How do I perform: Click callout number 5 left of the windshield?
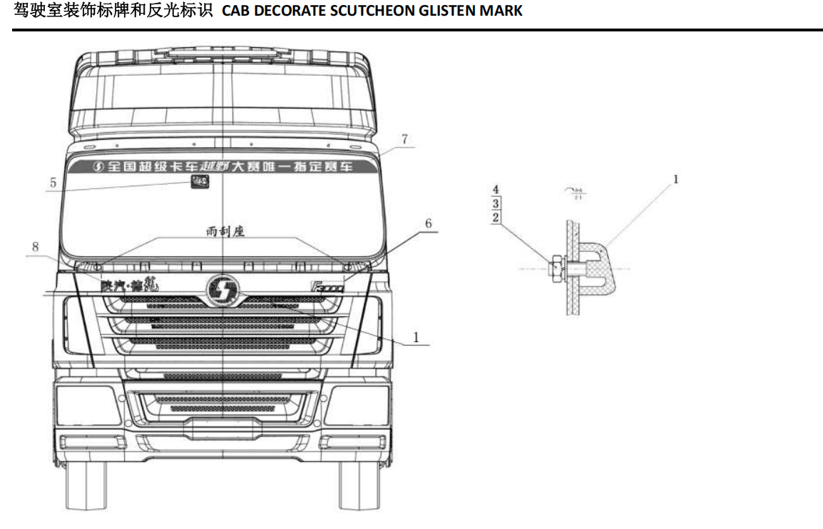pyautogui.click(x=53, y=182)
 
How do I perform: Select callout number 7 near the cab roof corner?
pyautogui.click(x=404, y=140)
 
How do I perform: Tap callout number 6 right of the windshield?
pyautogui.click(x=428, y=223)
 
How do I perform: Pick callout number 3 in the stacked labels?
pyautogui.click(x=496, y=203)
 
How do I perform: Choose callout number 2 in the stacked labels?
pyautogui.click(x=496, y=216)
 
